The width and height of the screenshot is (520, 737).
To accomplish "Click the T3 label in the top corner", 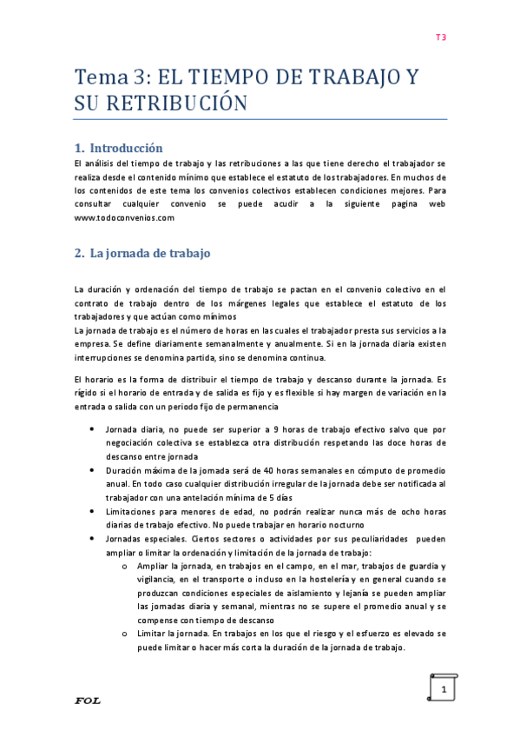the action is coord(440,37).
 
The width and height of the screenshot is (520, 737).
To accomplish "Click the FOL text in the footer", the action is coord(88,700).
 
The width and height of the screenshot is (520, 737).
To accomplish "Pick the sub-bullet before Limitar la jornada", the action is coord(126,634).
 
